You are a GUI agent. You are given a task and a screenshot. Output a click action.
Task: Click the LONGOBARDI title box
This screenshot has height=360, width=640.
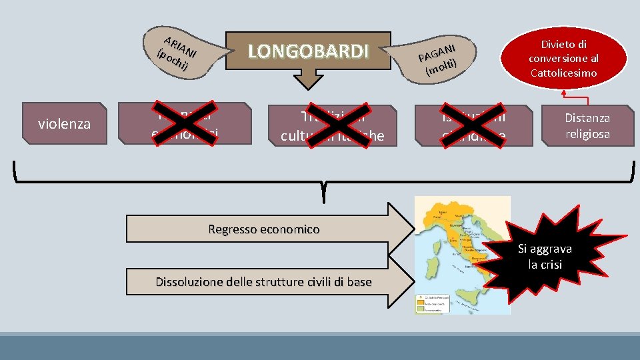[x=308, y=51]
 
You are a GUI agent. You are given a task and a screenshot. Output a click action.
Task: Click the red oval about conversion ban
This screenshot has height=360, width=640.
[x=563, y=58]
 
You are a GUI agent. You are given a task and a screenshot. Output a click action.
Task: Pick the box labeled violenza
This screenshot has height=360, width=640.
[x=64, y=123]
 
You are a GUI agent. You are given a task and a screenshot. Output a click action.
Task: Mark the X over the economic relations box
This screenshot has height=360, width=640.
[x=185, y=123]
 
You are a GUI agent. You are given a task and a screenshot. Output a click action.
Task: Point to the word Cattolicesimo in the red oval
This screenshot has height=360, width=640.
[x=563, y=72]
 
